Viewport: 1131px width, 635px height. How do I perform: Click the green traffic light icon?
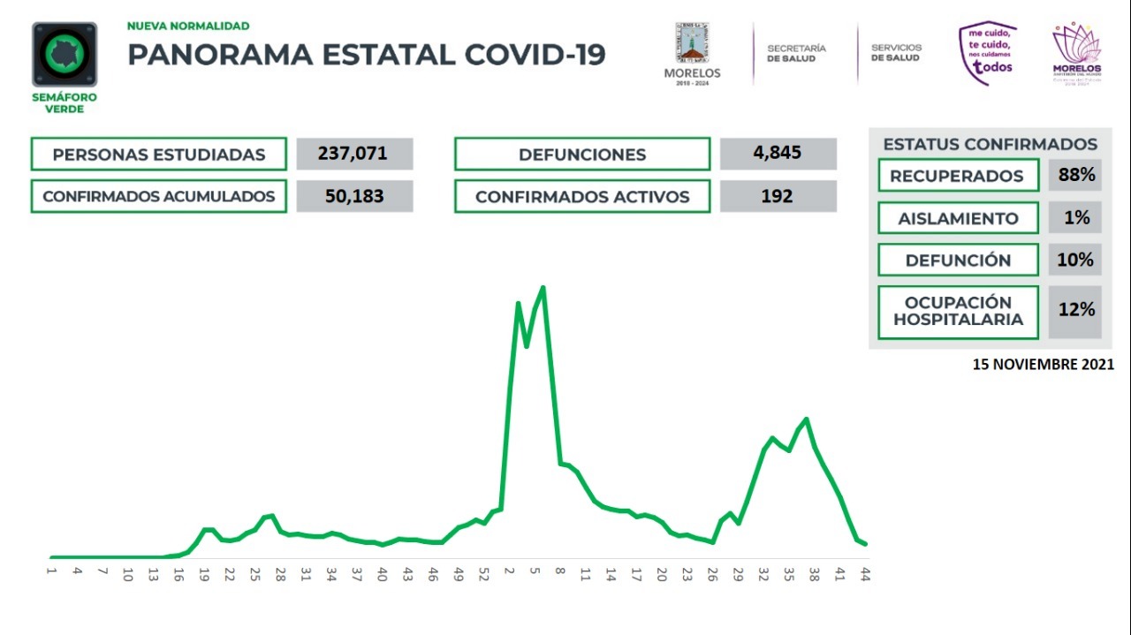click(65, 55)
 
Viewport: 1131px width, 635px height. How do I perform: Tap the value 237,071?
click(354, 154)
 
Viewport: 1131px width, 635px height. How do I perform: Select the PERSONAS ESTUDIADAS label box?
click(159, 154)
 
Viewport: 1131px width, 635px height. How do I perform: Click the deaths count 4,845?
click(778, 153)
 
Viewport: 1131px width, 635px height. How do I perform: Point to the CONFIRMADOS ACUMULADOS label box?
click(159, 196)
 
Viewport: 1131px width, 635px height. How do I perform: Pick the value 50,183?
click(354, 196)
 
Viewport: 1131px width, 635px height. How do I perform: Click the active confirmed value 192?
click(778, 196)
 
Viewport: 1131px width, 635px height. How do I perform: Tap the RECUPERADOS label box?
click(957, 175)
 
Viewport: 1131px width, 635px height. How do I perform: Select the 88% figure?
click(1075, 175)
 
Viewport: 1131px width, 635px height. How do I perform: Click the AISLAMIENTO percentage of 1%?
click(1075, 217)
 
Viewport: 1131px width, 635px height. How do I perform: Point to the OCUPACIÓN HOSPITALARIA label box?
click(957, 311)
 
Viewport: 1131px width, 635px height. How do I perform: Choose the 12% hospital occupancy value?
click(1075, 310)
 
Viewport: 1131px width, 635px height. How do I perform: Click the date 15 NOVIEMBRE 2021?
click(1044, 364)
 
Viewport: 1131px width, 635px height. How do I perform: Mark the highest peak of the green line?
click(543, 287)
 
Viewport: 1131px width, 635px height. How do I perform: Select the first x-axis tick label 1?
click(52, 573)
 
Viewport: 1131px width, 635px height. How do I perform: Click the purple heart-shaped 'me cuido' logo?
click(988, 54)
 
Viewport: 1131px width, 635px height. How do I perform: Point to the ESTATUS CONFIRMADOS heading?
click(990, 144)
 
